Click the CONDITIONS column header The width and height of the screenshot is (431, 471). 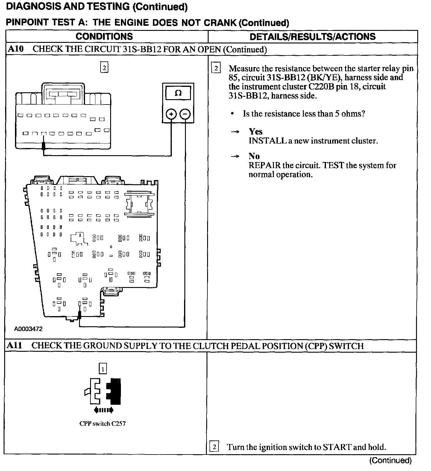tap(104, 37)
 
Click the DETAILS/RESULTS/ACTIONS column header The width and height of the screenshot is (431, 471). tap(312, 37)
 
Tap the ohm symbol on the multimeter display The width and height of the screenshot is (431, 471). tap(178, 93)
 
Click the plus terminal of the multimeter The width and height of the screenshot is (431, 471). tap(171, 114)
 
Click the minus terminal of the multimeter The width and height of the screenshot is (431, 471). tap(185, 114)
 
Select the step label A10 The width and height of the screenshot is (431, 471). tap(16, 49)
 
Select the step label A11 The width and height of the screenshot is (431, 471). tap(14, 345)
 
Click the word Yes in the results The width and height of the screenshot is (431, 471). tap(256, 132)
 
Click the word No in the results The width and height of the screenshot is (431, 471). tap(254, 156)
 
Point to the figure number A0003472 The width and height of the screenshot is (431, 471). tap(28, 329)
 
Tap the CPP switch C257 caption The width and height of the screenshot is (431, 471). tap(102, 424)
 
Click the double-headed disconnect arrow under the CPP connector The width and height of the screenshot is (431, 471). tap(103, 410)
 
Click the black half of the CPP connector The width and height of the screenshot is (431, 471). tap(115, 391)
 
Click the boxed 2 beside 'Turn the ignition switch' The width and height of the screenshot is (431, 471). tap(214, 447)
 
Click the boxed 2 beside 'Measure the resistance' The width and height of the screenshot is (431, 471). tap(216, 69)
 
